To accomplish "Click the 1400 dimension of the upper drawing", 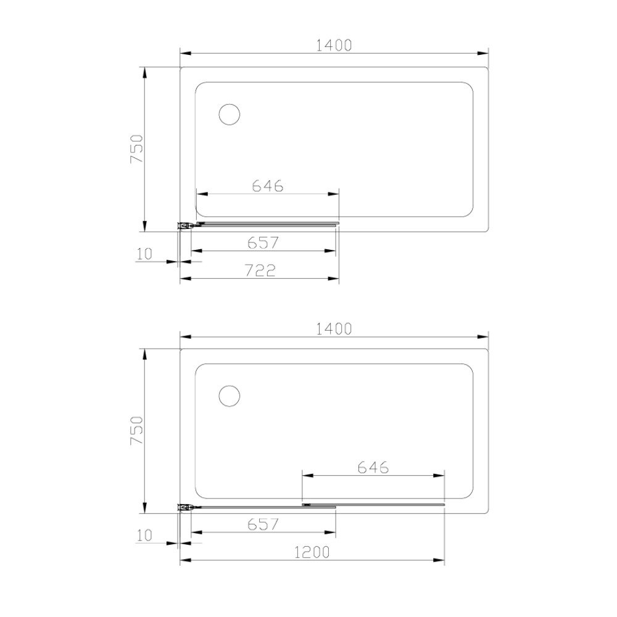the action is (334, 45).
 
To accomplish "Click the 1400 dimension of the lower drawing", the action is (334, 329).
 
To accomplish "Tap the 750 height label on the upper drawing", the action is (137, 149).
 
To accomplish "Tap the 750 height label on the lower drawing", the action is (137, 431).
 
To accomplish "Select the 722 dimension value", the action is (260, 270).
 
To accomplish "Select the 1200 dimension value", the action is (312, 552).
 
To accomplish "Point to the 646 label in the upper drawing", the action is (268, 186).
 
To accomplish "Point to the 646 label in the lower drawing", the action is (373, 468).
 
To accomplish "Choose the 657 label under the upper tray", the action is (263, 242).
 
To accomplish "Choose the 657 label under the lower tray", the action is (263, 524).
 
